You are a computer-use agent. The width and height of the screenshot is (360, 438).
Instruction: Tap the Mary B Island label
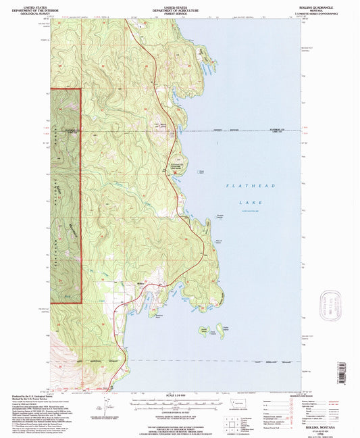click(219, 241)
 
